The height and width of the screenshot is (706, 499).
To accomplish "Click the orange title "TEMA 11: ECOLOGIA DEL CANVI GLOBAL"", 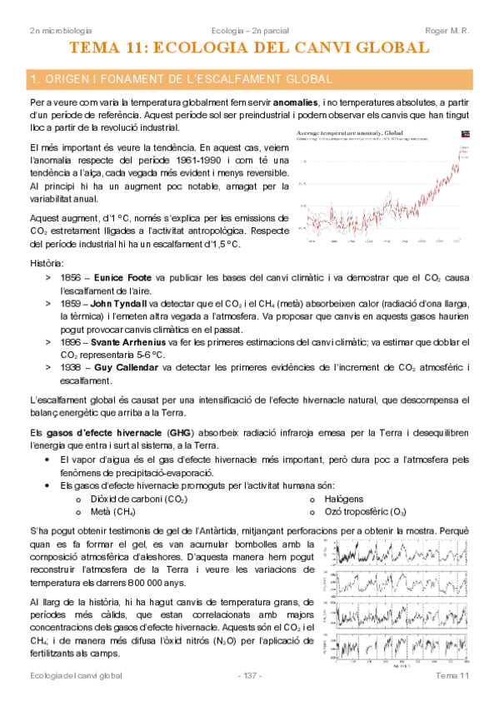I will tap(249, 48).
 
